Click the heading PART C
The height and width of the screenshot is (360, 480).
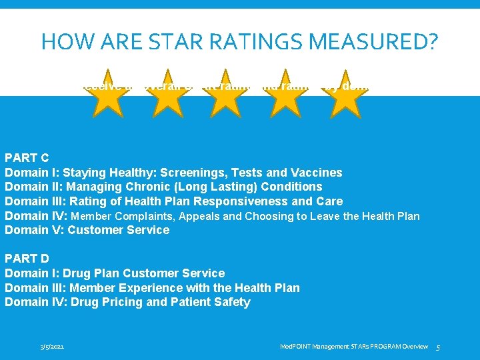[x=27, y=158]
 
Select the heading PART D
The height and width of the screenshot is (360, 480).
[x=27, y=258]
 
